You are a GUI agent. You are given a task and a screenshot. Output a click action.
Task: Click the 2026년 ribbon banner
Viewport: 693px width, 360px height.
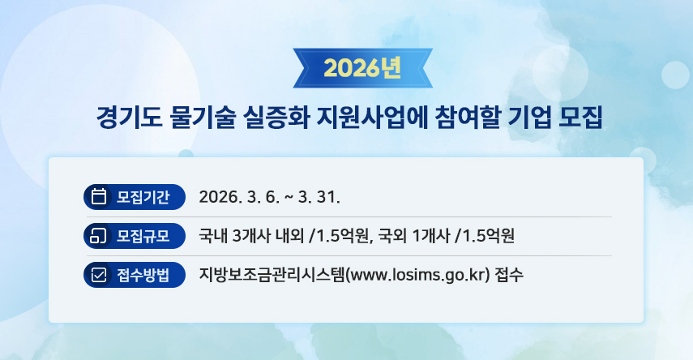(363, 68)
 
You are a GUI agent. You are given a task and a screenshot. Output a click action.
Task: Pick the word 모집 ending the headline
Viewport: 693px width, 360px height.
(580, 118)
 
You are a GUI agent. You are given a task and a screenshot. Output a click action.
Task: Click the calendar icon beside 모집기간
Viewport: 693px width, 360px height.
(99, 197)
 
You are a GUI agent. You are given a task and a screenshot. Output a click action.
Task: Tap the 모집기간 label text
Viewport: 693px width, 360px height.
(143, 197)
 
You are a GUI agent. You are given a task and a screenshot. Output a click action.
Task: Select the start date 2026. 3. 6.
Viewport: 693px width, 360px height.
(239, 197)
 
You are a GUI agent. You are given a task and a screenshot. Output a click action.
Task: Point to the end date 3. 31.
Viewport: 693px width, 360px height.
(319, 197)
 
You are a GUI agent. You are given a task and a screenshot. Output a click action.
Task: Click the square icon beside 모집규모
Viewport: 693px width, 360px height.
(98, 236)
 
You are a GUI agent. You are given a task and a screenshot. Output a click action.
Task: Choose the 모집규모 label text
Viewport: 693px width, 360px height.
(143, 236)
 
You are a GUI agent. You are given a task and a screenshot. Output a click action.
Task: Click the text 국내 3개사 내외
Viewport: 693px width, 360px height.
(251, 236)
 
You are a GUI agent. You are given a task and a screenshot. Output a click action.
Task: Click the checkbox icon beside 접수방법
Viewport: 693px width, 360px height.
(99, 275)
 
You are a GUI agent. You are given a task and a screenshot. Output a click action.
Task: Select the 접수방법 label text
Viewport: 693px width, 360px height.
(143, 275)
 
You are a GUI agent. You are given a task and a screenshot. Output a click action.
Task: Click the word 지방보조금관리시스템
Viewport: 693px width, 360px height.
(272, 275)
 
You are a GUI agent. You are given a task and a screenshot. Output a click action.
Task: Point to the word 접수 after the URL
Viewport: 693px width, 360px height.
(509, 275)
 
